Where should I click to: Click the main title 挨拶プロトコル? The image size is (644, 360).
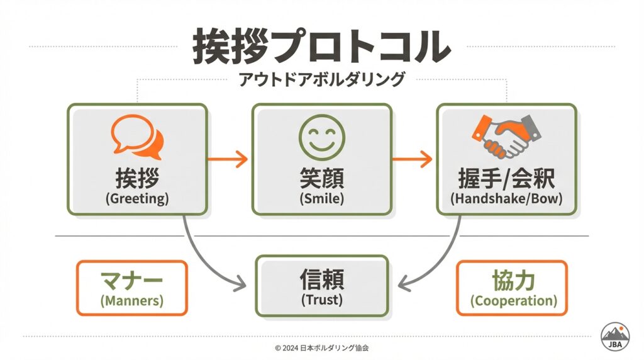click(321, 45)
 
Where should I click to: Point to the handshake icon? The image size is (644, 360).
click(506, 135)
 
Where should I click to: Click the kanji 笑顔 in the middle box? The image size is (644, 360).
click(321, 179)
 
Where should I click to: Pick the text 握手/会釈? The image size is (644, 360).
click(506, 179)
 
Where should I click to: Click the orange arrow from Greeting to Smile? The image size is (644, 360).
click(228, 159)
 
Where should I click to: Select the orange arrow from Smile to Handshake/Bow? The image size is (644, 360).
click(413, 159)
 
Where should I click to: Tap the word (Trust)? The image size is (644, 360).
click(321, 300)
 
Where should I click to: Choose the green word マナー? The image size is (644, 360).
click(131, 279)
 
